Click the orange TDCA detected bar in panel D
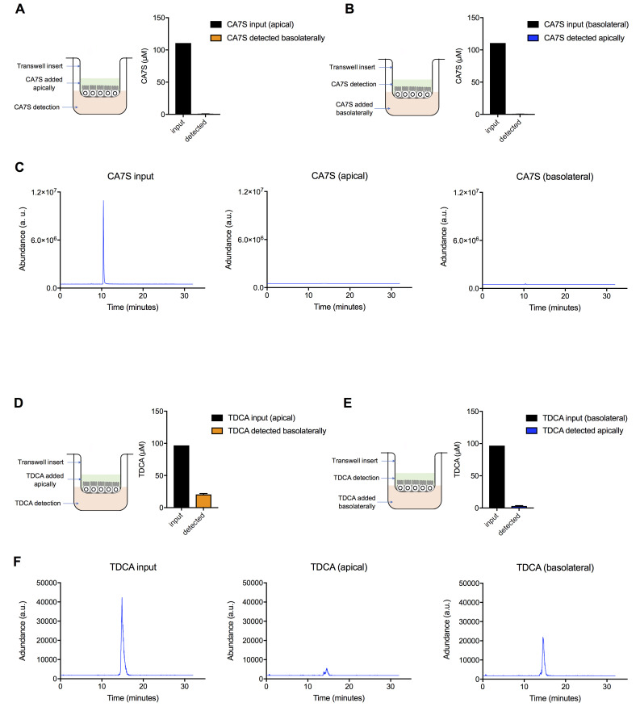(203, 500)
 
